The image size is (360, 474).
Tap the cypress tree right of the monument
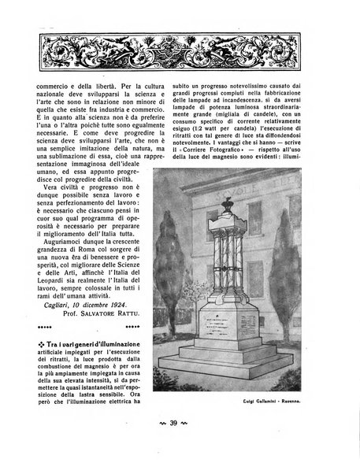tap(315, 299)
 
